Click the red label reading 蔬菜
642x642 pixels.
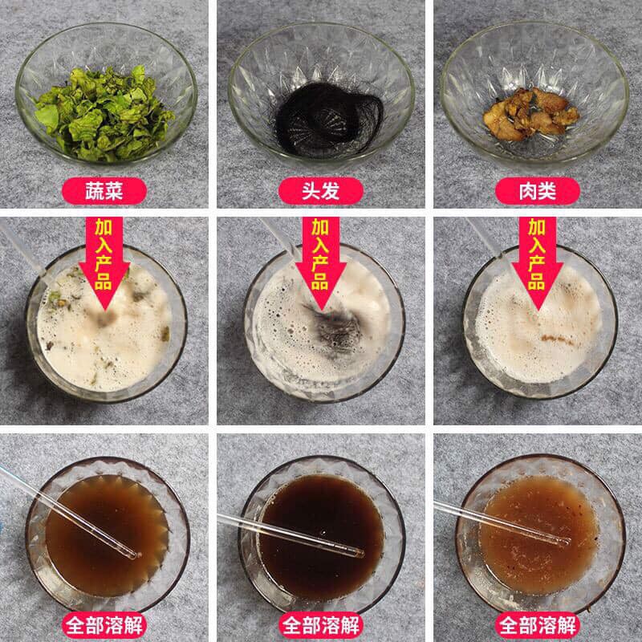click(105, 191)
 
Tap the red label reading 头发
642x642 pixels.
click(321, 191)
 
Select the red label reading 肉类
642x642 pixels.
click(537, 191)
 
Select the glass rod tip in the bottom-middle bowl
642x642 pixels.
click(359, 552)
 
